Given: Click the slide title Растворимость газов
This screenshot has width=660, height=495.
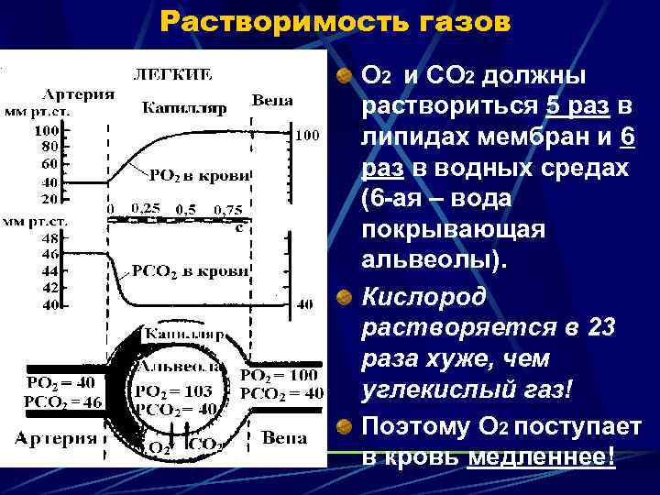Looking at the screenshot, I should tap(335, 21).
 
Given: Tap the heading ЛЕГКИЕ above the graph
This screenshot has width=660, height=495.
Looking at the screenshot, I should tap(174, 73).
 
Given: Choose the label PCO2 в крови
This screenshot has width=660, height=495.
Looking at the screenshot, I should tap(191, 270).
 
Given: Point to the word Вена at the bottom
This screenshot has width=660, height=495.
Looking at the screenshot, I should tap(283, 438).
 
